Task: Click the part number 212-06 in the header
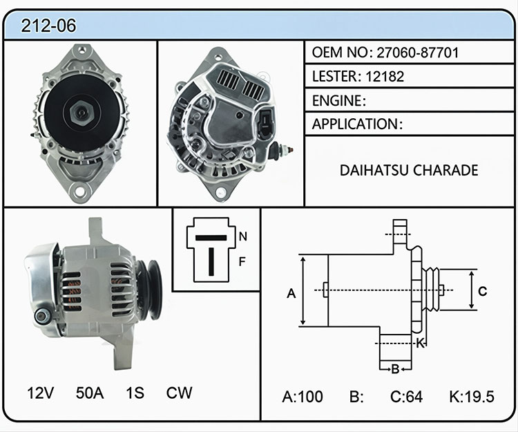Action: [48, 26]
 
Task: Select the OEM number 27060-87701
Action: [418, 53]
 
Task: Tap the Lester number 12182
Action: [385, 77]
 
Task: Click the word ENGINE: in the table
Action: [339, 100]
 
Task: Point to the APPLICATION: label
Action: [358, 124]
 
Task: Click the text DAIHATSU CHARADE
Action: [409, 170]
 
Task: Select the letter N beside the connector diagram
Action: [243, 236]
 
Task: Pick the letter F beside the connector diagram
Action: [242, 262]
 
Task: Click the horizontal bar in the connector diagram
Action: [211, 238]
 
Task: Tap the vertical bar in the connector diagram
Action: [211, 262]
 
